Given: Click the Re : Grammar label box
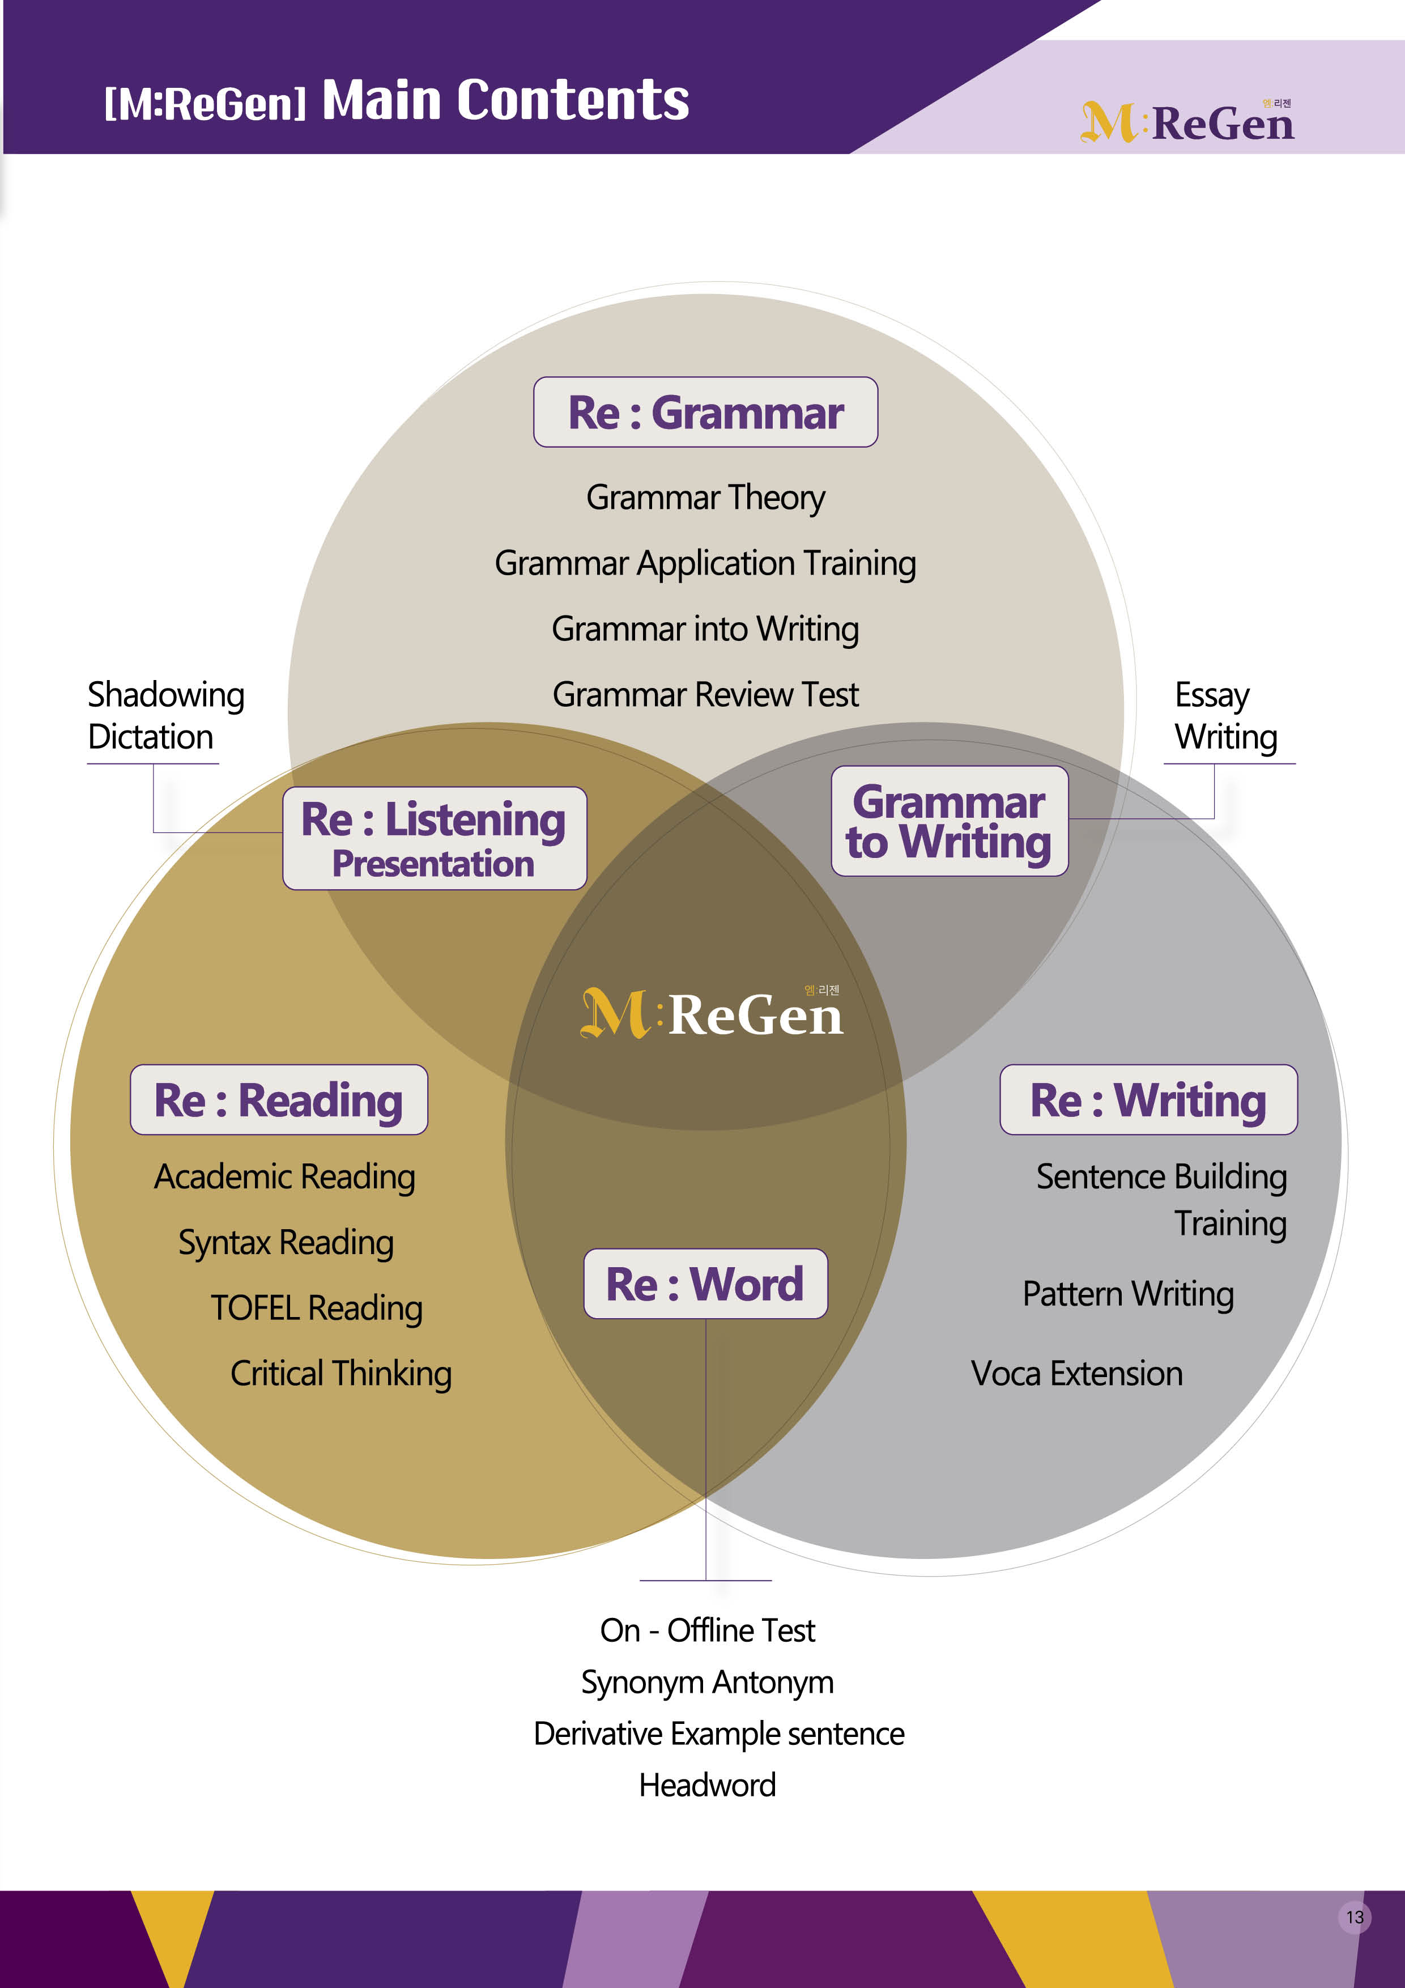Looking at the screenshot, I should coord(705,412).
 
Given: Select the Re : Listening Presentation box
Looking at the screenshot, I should coord(435,838).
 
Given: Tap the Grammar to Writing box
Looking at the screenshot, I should coord(950,821).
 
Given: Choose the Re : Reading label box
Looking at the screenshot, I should coord(279,1099).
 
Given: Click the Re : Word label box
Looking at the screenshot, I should coord(705,1283).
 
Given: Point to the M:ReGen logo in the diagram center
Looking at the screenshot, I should coord(712,1013).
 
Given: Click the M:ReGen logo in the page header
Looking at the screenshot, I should coord(1187,122).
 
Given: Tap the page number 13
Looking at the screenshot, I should coord(1355,1917).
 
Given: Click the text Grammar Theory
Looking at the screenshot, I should coord(705,498).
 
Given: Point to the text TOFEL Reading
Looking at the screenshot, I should coord(317,1309).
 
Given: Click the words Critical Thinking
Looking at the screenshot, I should coord(341,1374).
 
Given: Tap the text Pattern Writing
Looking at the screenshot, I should coord(1128,1294).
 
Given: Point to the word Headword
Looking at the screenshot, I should coord(707,1785).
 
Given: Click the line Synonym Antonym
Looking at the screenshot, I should coord(707,1683).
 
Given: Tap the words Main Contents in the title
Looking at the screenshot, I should coord(505,100).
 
